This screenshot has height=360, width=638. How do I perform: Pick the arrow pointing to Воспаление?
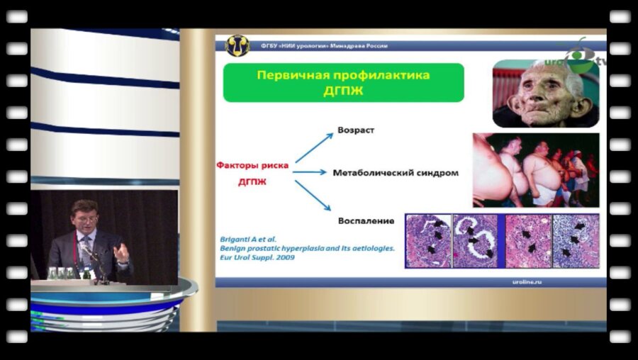(x=313, y=195)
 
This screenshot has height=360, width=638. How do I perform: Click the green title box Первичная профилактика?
(x=343, y=82)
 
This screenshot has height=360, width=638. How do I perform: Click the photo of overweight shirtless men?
(x=536, y=170)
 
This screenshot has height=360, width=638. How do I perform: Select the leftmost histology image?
(x=427, y=240)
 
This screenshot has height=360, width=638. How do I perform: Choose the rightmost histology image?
(x=576, y=240)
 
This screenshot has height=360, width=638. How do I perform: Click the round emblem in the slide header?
(x=237, y=46)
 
